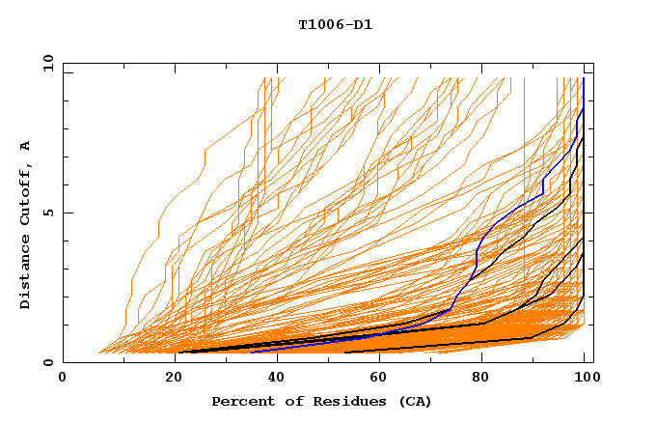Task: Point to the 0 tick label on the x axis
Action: [x=64, y=379]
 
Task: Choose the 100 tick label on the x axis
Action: [x=585, y=379]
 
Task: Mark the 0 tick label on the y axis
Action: [x=48, y=363]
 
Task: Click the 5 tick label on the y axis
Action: [x=48, y=212]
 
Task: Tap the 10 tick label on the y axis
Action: [x=45, y=63]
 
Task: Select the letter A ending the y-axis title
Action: [x=26, y=146]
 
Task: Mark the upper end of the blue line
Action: [x=584, y=78]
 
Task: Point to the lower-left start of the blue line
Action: [x=252, y=352]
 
